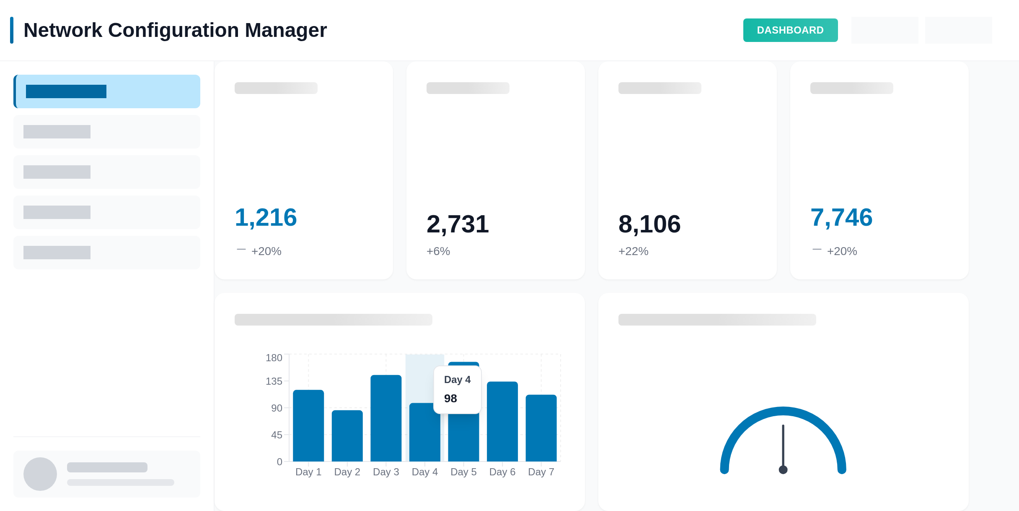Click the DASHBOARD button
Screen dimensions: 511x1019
coord(790,30)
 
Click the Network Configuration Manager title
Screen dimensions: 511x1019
coord(175,30)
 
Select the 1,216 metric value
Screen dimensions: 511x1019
coord(266,217)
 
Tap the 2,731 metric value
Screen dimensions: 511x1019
coord(458,224)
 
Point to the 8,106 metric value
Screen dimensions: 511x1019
coord(649,224)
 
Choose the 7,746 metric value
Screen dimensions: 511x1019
coord(841,217)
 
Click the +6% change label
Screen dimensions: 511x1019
coord(438,251)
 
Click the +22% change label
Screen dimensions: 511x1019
coord(633,251)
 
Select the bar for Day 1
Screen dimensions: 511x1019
coord(308,425)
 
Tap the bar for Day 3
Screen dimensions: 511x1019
coord(386,418)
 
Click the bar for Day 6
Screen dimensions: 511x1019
coord(502,421)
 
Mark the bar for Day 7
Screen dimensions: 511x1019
coord(541,428)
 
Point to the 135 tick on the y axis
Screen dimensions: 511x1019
coord(274,381)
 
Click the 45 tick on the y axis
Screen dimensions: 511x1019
coord(277,435)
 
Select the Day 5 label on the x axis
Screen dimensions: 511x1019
coord(463,472)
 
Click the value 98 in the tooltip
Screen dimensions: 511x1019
coord(450,399)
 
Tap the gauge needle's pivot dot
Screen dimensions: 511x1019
coord(783,469)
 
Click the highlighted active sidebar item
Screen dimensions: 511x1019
coord(107,91)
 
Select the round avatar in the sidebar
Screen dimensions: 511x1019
coord(40,474)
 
